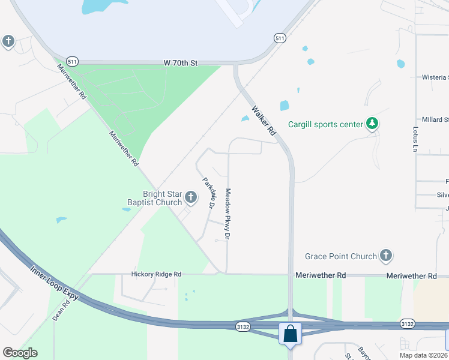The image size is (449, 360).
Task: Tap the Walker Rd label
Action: (x=264, y=121)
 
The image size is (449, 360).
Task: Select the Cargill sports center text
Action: (x=326, y=125)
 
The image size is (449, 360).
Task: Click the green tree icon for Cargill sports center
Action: (x=373, y=124)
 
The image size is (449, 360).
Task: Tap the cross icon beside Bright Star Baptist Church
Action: (x=191, y=197)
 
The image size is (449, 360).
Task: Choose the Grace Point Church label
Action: (x=340, y=257)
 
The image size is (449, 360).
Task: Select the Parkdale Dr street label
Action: (x=208, y=193)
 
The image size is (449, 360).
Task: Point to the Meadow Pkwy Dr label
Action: (x=228, y=214)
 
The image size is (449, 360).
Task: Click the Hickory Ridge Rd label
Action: (x=156, y=274)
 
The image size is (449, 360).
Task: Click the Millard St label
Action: (x=435, y=120)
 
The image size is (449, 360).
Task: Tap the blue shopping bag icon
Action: (x=291, y=334)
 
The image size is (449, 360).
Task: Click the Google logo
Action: (x=20, y=353)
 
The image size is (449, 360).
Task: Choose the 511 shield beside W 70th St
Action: (x=72, y=61)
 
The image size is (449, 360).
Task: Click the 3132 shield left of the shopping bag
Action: (x=243, y=326)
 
